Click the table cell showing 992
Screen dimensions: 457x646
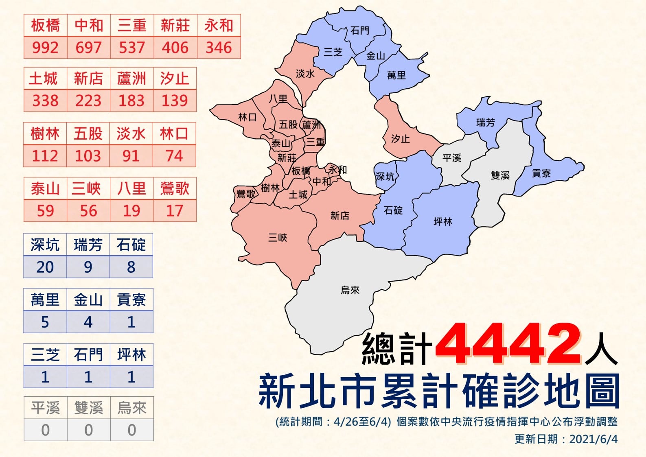45,48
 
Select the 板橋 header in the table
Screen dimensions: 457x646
45,26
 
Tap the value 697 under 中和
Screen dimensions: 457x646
88,48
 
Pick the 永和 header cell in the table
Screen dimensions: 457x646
219,26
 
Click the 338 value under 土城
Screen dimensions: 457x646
45,101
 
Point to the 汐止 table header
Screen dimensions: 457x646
175,79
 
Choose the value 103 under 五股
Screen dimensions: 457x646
88,156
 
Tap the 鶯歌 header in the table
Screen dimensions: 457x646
175,188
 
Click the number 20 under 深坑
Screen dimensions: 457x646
45,267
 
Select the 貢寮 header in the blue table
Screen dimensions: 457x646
131,300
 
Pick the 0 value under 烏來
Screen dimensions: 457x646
131,430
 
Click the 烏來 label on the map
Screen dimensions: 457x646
350,290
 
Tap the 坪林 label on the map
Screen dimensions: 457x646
443,222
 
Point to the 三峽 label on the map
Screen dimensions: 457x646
278,238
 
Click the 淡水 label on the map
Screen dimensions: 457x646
305,74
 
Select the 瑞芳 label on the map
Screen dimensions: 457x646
486,122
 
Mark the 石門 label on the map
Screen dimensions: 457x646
360,31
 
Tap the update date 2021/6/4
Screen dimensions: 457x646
593,440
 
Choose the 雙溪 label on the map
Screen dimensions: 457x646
500,175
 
